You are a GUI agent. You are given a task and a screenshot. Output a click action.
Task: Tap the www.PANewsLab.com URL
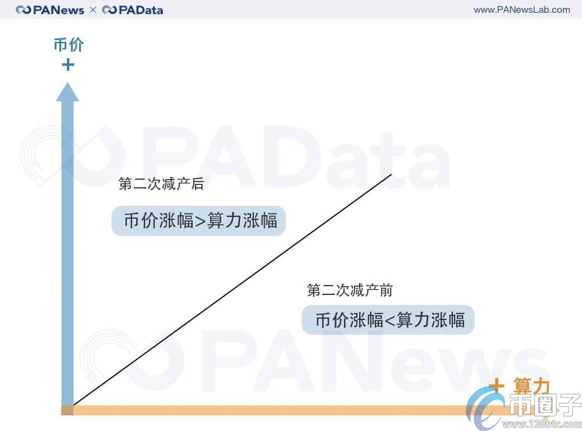(x=521, y=9)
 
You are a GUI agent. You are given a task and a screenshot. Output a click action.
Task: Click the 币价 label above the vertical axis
(x=68, y=45)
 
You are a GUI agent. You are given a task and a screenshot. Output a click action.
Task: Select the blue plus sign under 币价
(x=68, y=64)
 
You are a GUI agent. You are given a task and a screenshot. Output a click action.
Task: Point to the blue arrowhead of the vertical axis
(x=68, y=92)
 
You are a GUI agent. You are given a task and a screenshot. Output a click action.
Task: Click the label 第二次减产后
(x=161, y=184)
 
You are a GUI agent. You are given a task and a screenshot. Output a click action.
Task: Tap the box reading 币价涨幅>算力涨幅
(x=198, y=221)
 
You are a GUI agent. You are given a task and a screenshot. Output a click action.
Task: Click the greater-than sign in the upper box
(x=200, y=222)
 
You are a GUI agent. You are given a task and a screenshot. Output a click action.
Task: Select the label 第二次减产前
(x=350, y=290)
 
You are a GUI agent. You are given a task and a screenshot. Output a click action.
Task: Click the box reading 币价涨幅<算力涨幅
(x=388, y=320)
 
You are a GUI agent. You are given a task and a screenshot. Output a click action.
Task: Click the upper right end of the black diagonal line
(x=392, y=174)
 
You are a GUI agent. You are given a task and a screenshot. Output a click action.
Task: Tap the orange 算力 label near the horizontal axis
(x=531, y=387)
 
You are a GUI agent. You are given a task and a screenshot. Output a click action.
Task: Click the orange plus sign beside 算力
(x=496, y=386)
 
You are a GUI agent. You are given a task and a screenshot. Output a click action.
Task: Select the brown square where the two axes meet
(x=68, y=410)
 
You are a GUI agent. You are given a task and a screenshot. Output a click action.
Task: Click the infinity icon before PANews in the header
(x=24, y=10)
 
